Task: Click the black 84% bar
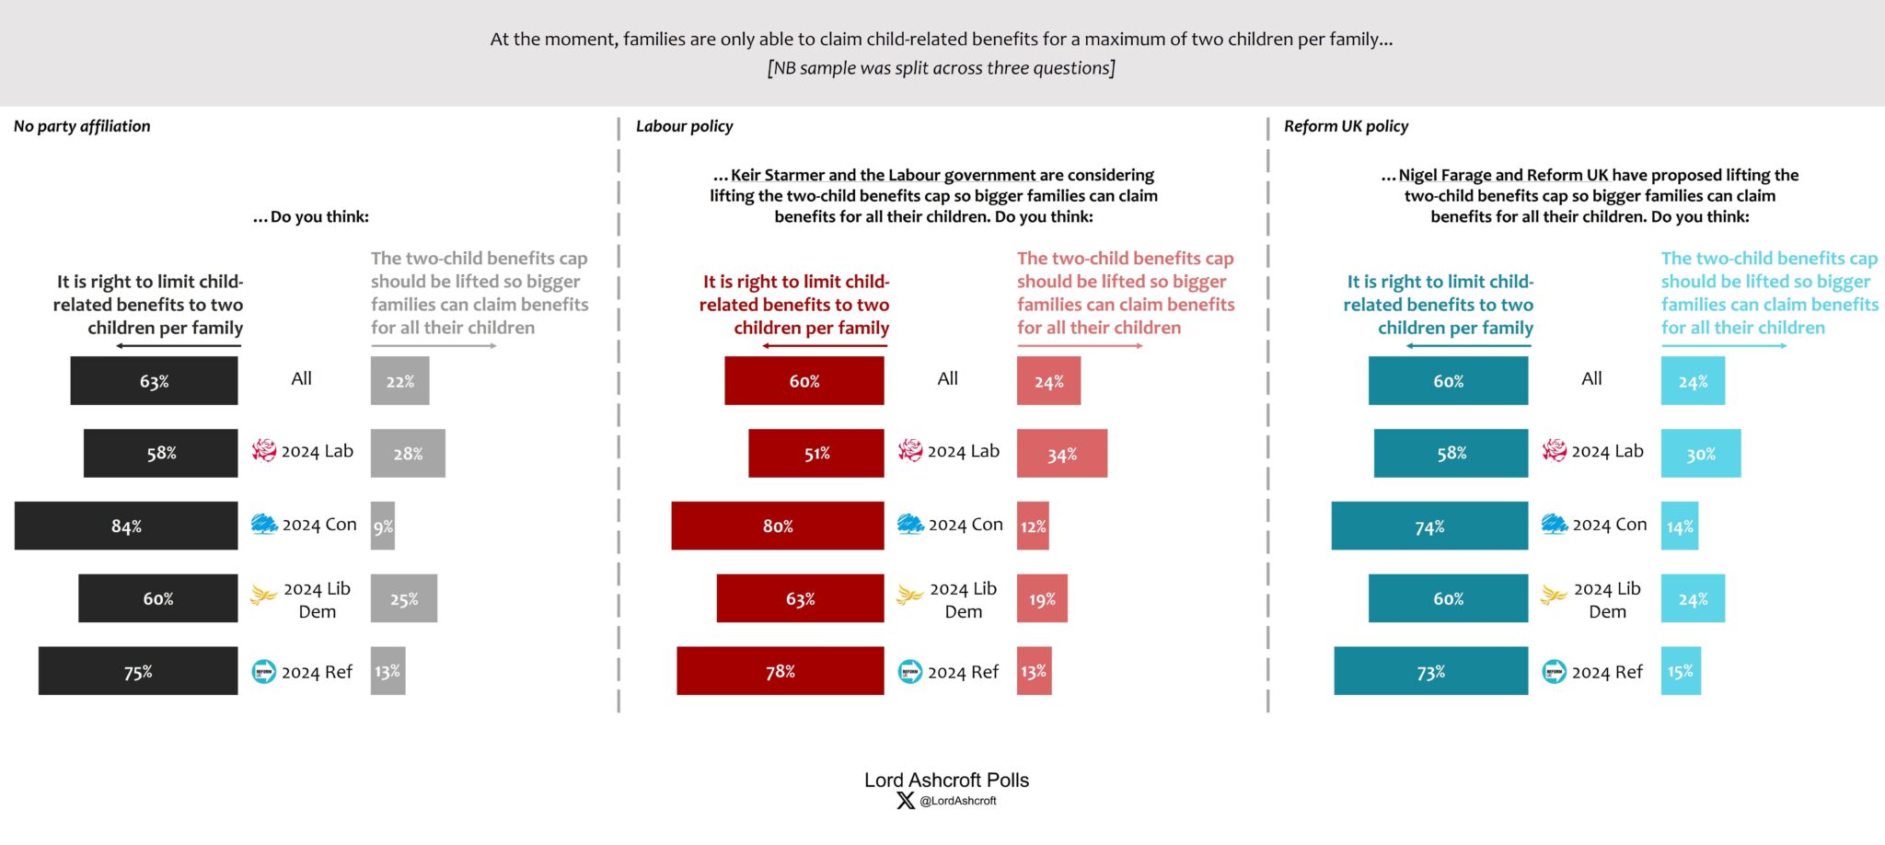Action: pos(126,526)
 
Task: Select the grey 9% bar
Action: pos(383,526)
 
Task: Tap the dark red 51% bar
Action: pos(815,453)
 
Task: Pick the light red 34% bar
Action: pos(1061,453)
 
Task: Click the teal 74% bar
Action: pos(1428,526)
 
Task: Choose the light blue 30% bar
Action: pos(1700,453)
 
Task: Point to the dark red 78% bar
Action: pos(780,671)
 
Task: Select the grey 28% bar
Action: pos(408,453)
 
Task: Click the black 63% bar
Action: pos(154,380)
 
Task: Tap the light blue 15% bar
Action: pos(1681,671)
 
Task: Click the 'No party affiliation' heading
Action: pos(82,126)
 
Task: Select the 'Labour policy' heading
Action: pos(684,126)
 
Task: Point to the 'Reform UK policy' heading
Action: pos(1346,126)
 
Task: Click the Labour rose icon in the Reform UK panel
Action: pos(1555,450)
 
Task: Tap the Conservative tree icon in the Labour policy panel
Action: pos(910,524)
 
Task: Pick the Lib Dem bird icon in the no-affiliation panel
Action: pos(264,596)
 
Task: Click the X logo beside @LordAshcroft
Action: pos(906,801)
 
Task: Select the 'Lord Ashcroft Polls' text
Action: pos(946,780)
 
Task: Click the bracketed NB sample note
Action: pos(941,68)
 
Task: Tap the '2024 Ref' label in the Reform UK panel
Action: pos(1606,672)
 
